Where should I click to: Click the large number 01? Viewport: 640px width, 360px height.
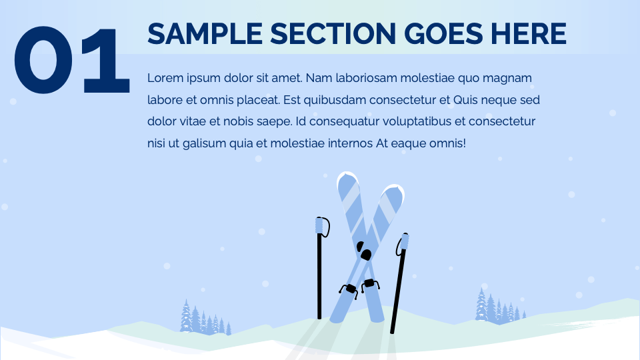72,60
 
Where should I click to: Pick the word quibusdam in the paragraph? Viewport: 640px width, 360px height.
341,100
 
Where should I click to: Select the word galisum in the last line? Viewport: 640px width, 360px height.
207,143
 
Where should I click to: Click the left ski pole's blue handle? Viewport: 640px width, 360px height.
321,226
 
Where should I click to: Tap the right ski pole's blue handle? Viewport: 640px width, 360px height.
403,243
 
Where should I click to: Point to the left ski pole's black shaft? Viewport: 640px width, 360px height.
319,280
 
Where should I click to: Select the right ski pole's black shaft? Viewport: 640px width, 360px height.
398,293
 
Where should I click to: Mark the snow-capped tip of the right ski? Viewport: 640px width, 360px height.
393,189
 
